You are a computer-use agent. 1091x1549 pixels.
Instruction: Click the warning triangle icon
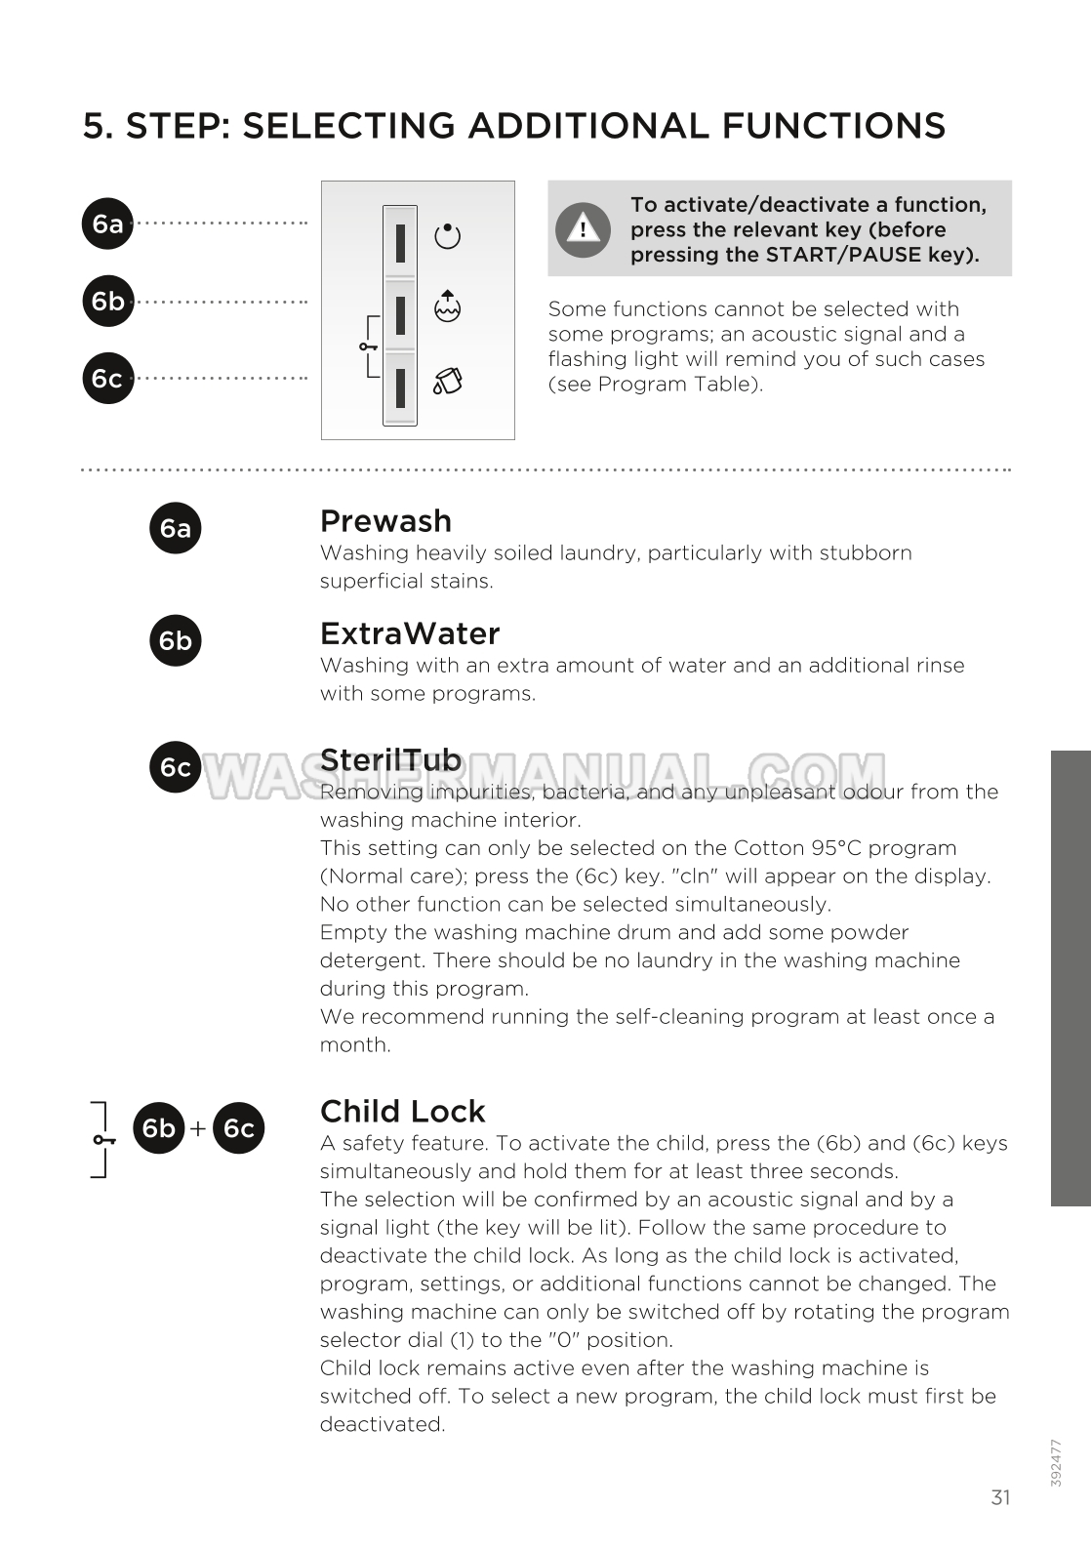pyautogui.click(x=583, y=229)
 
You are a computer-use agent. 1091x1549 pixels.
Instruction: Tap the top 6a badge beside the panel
pyautogui.click(x=107, y=224)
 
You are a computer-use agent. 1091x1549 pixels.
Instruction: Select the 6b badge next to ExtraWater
pyautogui.click(x=175, y=640)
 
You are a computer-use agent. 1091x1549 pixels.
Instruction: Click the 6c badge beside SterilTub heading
pyautogui.click(x=175, y=767)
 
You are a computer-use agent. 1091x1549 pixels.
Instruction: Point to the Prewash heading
pyautogui.click(x=385, y=521)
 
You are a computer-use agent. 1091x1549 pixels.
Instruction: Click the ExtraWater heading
pyautogui.click(x=410, y=633)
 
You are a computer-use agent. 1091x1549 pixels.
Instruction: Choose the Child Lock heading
pyautogui.click(x=402, y=1111)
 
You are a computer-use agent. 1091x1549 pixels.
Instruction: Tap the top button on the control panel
pyautogui.click(x=400, y=242)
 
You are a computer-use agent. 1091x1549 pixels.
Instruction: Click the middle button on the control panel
pyautogui.click(x=400, y=314)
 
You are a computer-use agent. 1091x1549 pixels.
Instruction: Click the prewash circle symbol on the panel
pyautogui.click(x=447, y=236)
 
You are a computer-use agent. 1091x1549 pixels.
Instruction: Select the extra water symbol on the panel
pyautogui.click(x=447, y=306)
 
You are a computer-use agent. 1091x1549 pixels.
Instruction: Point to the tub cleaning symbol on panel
pyautogui.click(x=447, y=381)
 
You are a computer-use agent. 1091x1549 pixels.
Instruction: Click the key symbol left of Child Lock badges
pyautogui.click(x=102, y=1139)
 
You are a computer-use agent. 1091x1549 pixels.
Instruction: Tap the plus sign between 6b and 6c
pyautogui.click(x=198, y=1128)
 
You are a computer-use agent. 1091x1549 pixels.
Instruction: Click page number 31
pyautogui.click(x=1000, y=1497)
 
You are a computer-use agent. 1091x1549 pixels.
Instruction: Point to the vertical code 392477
pyautogui.click(x=1056, y=1462)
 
